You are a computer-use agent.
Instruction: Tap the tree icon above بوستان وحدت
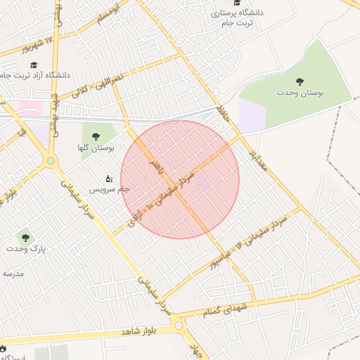pos(299,81)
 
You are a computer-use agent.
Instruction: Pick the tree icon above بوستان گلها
pos(96,136)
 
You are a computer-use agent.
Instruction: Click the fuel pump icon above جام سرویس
pos(109,179)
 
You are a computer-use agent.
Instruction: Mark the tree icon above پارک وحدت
pos(25,238)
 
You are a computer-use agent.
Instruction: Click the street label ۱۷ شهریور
pos(27,44)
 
